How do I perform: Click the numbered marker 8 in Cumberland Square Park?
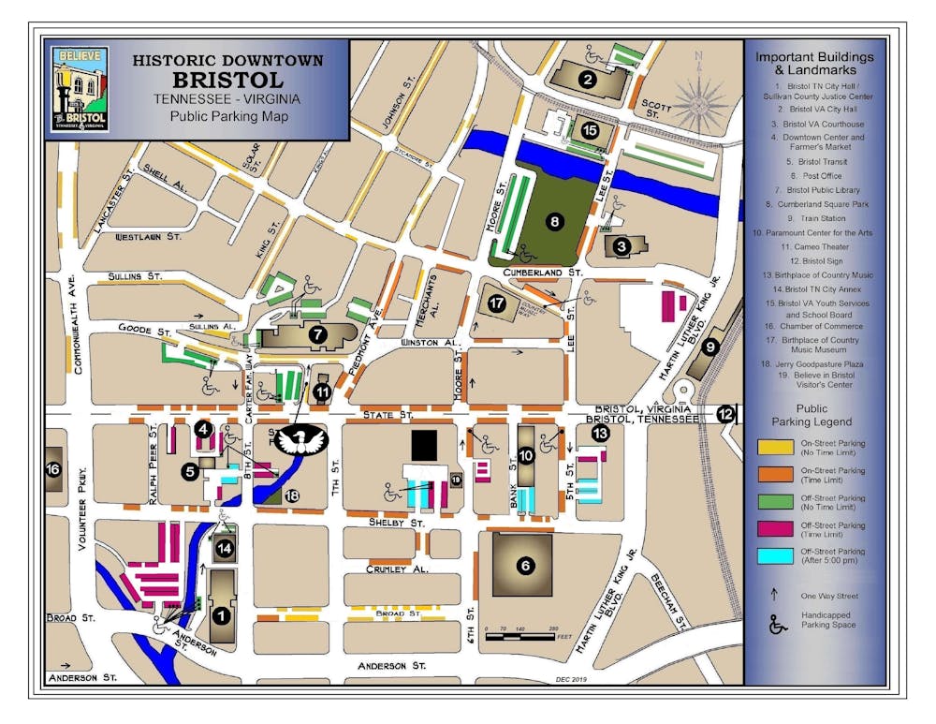tap(554, 222)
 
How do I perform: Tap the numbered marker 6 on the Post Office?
tap(525, 566)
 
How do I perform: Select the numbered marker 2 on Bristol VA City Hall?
tap(588, 80)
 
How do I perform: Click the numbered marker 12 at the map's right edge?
tap(726, 413)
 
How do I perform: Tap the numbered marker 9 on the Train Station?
tap(710, 347)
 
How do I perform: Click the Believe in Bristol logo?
tap(80, 89)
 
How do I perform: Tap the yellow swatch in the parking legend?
tap(773, 449)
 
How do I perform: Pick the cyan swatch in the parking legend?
tap(773, 556)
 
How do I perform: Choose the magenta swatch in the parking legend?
tap(773, 529)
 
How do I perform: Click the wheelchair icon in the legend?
tap(776, 625)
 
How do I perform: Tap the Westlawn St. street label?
tap(148, 238)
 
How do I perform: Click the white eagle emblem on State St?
tap(301, 439)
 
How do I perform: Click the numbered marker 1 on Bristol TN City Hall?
tap(222, 615)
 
